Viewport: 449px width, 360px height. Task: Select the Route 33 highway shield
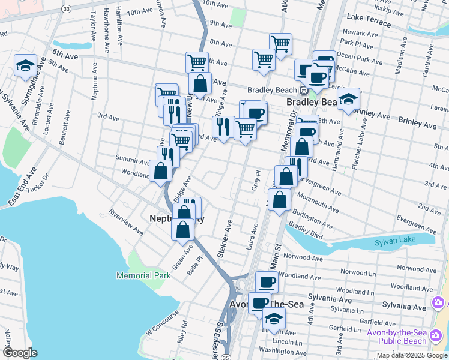tap(66, 7)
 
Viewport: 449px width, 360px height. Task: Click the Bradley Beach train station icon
tap(304, 91)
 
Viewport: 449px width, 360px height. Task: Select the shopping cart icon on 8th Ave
tap(280, 44)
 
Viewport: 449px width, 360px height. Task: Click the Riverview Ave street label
tap(126, 221)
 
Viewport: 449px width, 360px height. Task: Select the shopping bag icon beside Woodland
tap(161, 171)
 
